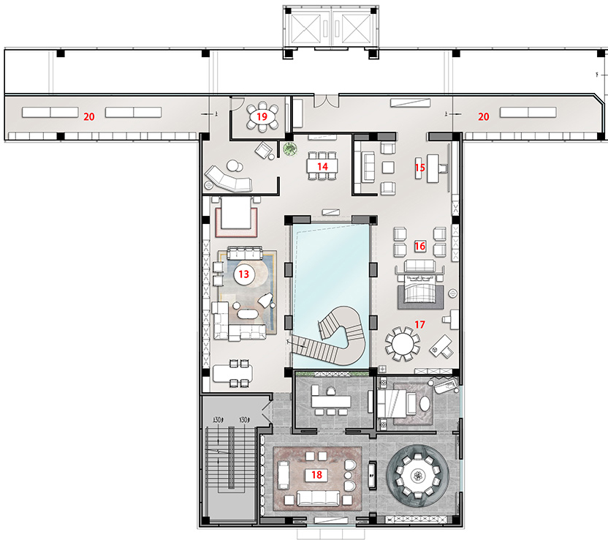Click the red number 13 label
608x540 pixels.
pos(244,274)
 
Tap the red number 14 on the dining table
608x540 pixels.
pos(321,167)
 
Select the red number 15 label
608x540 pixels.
pos(420,168)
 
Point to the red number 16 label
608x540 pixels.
pos(420,247)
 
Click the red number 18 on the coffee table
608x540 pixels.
pos(316,475)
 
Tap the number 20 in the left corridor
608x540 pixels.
pos(89,116)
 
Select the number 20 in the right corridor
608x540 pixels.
pos(483,116)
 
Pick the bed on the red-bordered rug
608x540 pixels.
pos(235,216)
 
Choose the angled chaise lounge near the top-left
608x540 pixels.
pos(228,178)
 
